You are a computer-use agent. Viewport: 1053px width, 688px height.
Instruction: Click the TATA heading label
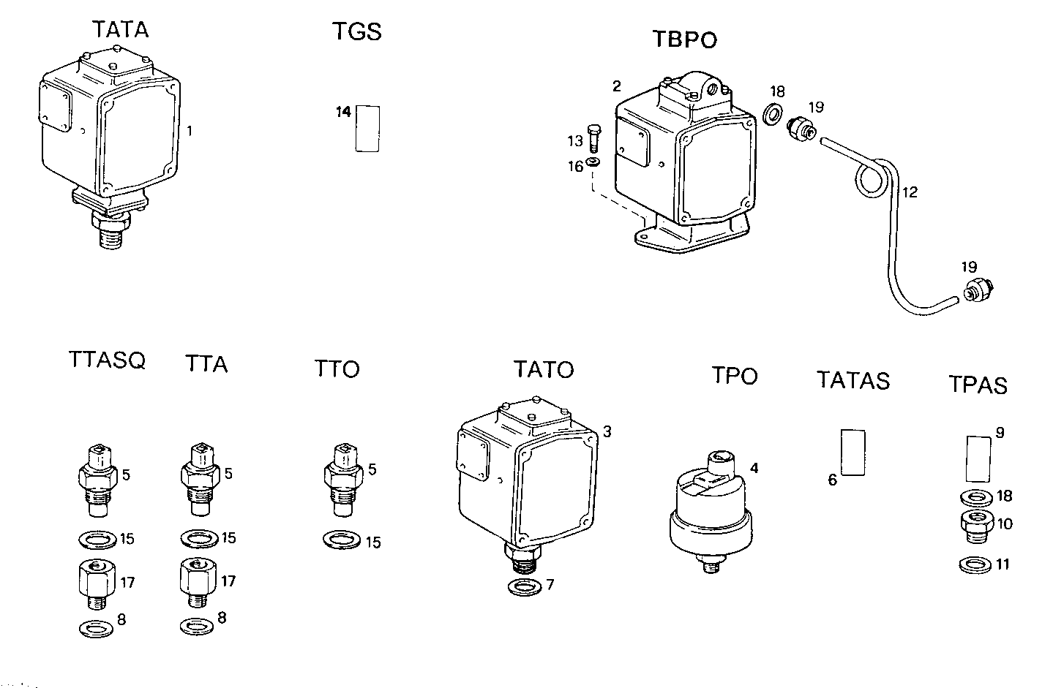[x=120, y=30]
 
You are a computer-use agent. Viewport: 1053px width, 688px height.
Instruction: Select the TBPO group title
[x=684, y=39]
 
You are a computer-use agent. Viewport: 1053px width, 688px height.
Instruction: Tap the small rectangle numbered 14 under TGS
[x=367, y=128]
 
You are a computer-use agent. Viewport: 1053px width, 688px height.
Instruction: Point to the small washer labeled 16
[x=593, y=162]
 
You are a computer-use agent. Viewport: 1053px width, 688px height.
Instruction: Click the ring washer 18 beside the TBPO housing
[x=771, y=116]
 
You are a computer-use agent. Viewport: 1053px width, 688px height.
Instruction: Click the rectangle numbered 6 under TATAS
[x=852, y=452]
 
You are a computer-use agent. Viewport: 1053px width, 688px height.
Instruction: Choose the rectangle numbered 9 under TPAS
[x=978, y=457]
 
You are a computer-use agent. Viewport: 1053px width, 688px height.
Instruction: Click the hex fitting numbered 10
[x=975, y=526]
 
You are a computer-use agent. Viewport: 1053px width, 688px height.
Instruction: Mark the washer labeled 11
[x=974, y=565]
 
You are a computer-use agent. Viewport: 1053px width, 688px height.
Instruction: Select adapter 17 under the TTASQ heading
[x=97, y=581]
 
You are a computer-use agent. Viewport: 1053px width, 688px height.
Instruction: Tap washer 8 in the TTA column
[x=197, y=627]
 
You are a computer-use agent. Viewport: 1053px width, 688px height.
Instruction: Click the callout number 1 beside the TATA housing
[x=190, y=132]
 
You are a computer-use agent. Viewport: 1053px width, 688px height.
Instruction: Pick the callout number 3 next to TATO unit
[x=606, y=431]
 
